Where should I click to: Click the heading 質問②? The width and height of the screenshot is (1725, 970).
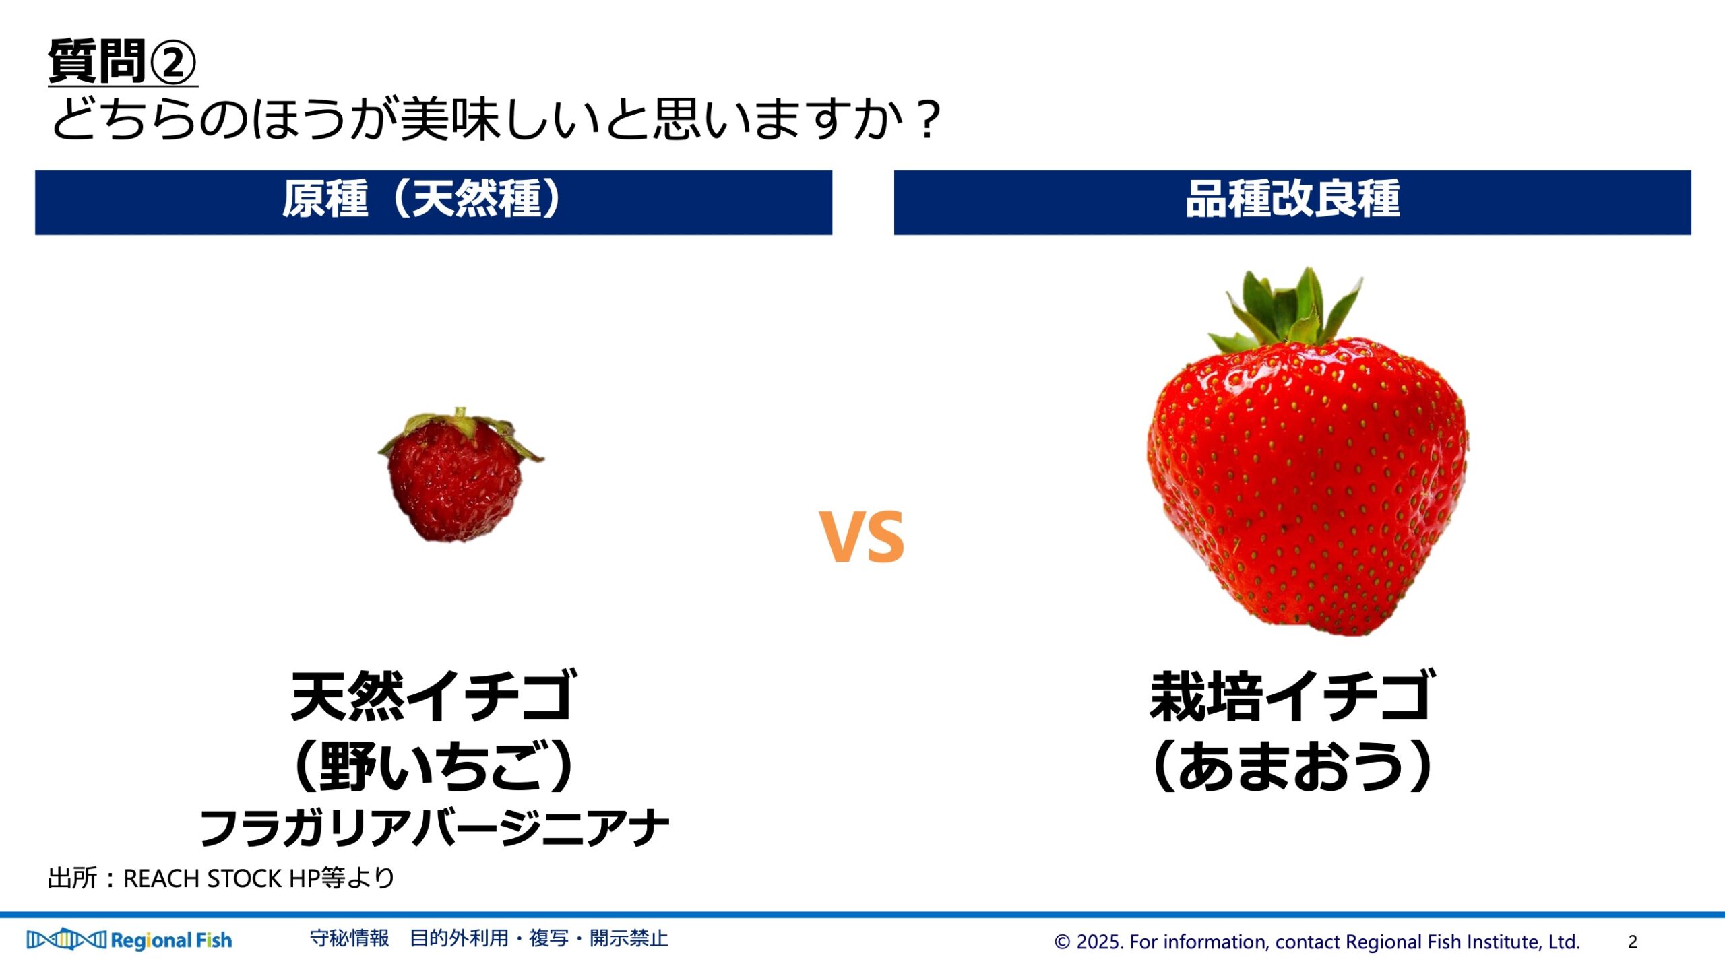pyautogui.click(x=122, y=61)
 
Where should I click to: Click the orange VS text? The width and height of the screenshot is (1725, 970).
pyautogui.click(x=862, y=536)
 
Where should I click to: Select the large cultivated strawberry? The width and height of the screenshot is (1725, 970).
pyautogui.click(x=1307, y=451)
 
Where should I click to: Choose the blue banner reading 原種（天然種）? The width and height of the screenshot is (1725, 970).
pyautogui.click(x=433, y=202)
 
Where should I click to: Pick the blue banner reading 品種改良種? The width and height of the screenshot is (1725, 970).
pyautogui.click(x=1292, y=202)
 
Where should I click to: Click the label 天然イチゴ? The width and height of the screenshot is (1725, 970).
pyautogui.click(x=434, y=696)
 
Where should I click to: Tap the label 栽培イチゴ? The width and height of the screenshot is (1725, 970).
pyautogui.click(x=1292, y=696)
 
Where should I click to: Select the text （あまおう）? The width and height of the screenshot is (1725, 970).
pyautogui.click(x=1292, y=766)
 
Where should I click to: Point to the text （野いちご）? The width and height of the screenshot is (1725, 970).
pyautogui.click(x=434, y=766)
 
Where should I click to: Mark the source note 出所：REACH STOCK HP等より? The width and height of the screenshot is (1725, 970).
pyautogui.click(x=221, y=878)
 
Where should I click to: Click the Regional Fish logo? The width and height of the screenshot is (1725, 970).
pyautogui.click(x=129, y=940)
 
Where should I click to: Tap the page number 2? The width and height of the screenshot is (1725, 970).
pyautogui.click(x=1632, y=942)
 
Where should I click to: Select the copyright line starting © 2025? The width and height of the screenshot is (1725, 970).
pyautogui.click(x=1317, y=942)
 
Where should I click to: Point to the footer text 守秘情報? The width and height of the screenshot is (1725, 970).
pyautogui.click(x=349, y=938)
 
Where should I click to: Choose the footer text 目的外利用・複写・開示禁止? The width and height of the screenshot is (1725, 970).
pyautogui.click(x=539, y=938)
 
